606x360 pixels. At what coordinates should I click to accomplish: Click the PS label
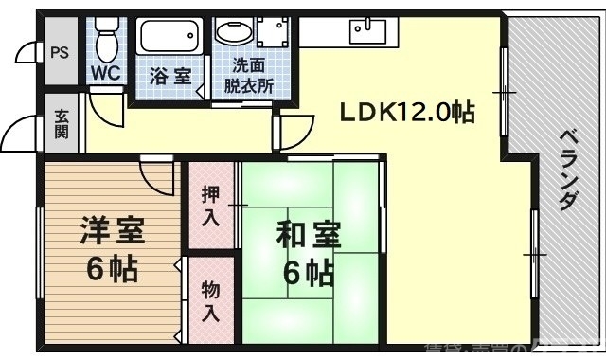(x=59, y=52)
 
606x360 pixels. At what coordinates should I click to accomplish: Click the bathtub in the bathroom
(x=171, y=38)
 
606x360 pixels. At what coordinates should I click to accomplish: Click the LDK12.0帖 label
(x=407, y=113)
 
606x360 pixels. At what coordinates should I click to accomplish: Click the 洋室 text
(x=111, y=231)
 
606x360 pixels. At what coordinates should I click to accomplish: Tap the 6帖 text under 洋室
(x=111, y=270)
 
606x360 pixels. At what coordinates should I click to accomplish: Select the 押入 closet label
(x=211, y=205)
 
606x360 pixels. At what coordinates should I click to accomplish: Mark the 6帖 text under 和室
(x=309, y=274)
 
